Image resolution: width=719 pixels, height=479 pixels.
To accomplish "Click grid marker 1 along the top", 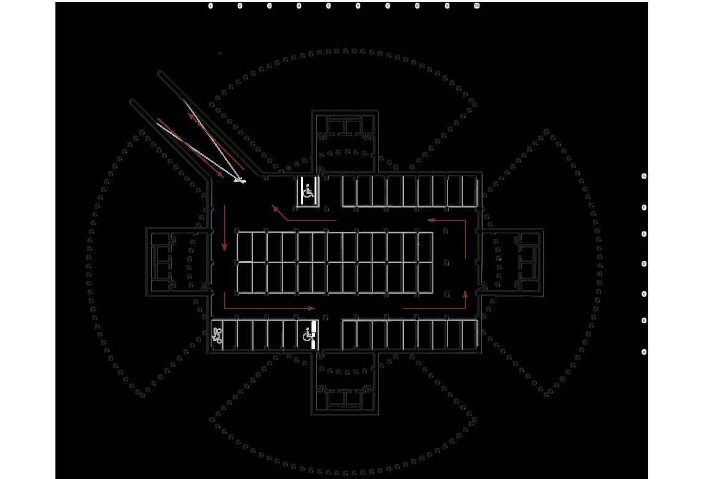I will click(211, 6).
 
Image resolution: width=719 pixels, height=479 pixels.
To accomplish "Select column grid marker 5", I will click(329, 6).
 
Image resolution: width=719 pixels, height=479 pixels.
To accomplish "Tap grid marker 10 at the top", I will click(477, 6).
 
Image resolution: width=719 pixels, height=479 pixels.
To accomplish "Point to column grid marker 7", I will click(388, 6).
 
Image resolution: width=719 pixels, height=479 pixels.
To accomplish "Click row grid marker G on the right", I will click(645, 176).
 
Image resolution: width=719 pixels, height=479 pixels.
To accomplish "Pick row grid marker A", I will click(645, 352).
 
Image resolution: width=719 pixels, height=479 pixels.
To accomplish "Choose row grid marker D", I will click(645, 264).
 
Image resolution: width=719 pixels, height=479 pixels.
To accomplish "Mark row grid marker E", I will click(645, 235).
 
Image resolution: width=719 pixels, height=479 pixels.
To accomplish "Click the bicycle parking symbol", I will click(217, 336).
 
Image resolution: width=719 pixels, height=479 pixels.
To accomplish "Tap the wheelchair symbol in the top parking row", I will click(308, 192).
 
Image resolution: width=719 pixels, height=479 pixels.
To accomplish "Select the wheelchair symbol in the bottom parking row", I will click(309, 336).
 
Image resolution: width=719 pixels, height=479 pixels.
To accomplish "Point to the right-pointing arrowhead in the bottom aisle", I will click(312, 308).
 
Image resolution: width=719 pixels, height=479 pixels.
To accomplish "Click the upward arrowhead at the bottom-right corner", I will click(465, 294).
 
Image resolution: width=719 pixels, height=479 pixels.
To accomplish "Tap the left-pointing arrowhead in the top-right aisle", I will click(431, 219).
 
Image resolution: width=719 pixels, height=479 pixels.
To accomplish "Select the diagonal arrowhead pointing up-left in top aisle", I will click(275, 208).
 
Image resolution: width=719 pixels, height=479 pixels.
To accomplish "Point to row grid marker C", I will click(645, 294).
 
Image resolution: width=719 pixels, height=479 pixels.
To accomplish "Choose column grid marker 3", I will click(270, 6).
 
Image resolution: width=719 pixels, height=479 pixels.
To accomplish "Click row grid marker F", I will click(645, 208).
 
